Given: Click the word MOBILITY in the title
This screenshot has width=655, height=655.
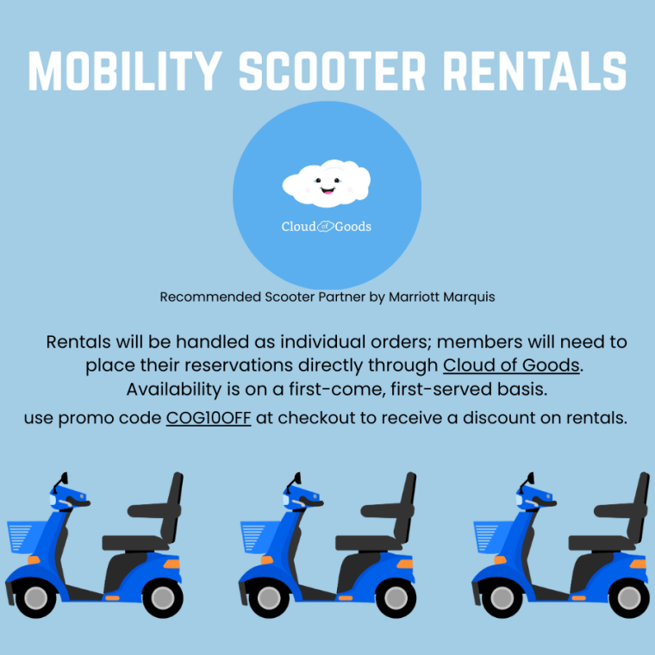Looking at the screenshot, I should (x=125, y=72).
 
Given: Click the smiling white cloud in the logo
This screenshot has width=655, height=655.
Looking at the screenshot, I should (x=327, y=183).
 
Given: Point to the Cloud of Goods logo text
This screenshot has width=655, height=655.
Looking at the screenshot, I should (x=327, y=227).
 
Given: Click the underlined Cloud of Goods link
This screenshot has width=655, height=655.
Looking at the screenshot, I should (x=512, y=365).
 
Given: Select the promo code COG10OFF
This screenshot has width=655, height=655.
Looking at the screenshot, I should (x=209, y=419).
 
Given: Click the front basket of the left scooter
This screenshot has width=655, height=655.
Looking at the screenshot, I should (x=22, y=540).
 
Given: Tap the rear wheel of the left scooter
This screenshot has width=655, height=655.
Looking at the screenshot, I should (x=162, y=597).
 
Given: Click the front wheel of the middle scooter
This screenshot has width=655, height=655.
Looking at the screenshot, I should (x=268, y=597).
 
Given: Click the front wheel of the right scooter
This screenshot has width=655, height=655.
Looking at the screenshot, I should (x=502, y=597).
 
